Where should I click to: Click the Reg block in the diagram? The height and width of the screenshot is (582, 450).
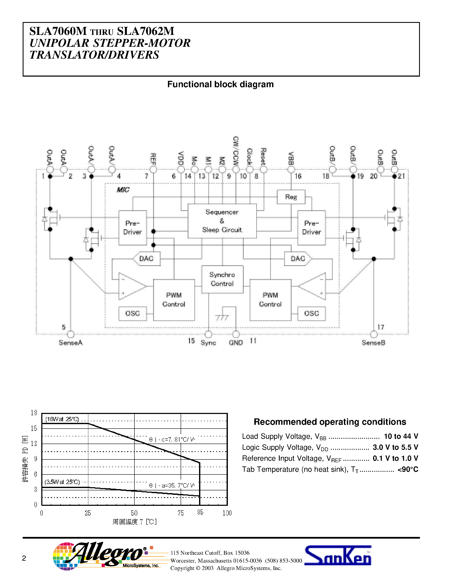click(291, 197)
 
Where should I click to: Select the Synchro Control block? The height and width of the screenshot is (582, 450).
click(222, 279)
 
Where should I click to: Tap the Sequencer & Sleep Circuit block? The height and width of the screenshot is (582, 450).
click(222, 221)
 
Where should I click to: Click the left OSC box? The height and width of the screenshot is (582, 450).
click(133, 313)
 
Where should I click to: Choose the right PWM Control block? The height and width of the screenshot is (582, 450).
click(270, 300)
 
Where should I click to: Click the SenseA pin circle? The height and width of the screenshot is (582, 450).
click(71, 334)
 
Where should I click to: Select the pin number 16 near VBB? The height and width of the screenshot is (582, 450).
click(298, 176)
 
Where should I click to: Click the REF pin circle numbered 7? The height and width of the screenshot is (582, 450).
click(153, 170)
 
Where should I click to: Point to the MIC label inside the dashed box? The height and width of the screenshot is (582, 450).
click(123, 190)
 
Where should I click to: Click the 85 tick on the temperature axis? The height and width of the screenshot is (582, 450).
click(200, 512)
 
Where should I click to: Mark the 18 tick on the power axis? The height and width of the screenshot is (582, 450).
click(34, 413)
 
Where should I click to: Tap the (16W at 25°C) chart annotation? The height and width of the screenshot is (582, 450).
click(62, 419)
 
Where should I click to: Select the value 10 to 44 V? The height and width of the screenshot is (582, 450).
click(401, 436)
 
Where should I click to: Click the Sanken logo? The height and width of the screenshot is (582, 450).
click(338, 556)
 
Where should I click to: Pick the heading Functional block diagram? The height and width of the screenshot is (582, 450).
click(220, 84)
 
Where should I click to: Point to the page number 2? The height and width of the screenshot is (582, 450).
click(24, 558)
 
